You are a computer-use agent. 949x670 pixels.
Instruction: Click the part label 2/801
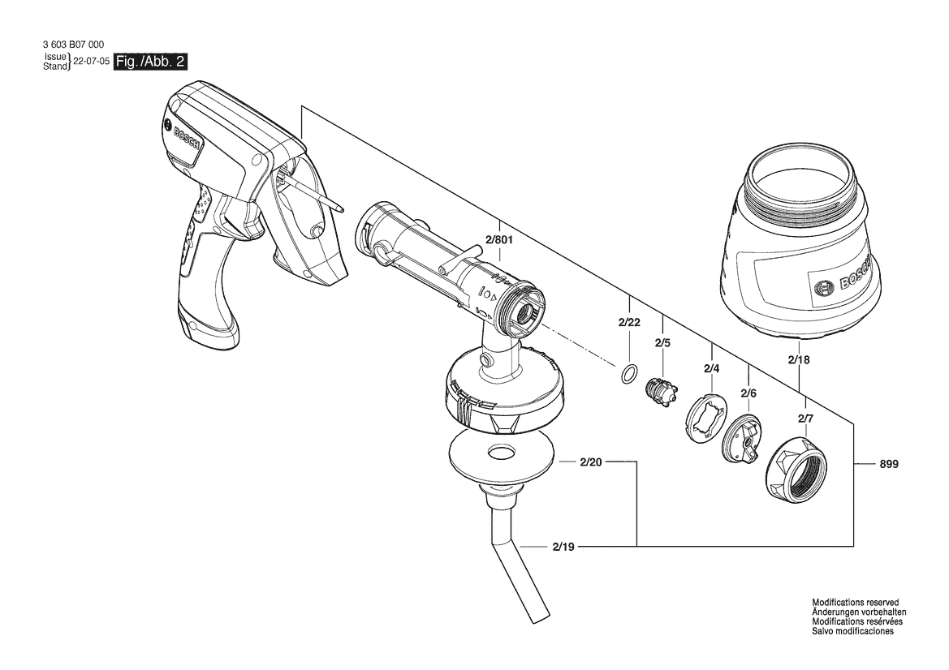coord(498,239)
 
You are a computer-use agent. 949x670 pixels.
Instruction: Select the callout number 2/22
coord(629,322)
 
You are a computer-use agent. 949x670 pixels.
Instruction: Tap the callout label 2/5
coord(662,343)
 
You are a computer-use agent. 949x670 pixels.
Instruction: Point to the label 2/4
coord(711,368)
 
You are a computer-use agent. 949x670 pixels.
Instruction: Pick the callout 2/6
coord(748,393)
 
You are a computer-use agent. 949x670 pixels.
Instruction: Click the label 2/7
coord(805,418)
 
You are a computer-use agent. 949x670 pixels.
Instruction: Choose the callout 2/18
coord(799,360)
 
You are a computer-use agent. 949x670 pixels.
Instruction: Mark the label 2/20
coord(591,462)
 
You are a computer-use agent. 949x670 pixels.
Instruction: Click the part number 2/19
coord(563,547)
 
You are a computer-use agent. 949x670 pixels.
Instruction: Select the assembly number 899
coord(889,465)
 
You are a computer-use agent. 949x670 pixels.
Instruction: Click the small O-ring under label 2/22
coord(629,373)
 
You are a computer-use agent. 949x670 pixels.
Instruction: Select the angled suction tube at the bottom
coord(513,550)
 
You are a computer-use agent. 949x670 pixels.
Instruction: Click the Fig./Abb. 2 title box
coord(150,62)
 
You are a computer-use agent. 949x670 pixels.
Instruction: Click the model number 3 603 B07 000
coord(73,45)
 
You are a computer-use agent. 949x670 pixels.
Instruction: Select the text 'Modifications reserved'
coord(855,603)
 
